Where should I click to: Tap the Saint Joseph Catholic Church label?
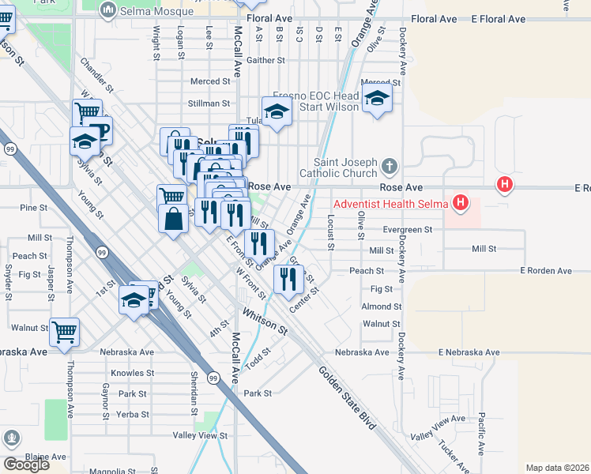click(341, 167)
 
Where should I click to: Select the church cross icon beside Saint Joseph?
click(388, 167)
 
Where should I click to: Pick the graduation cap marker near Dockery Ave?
click(378, 98)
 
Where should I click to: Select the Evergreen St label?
click(408, 230)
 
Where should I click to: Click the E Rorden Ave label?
click(545, 271)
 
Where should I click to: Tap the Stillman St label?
click(209, 103)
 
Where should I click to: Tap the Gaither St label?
click(265, 60)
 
